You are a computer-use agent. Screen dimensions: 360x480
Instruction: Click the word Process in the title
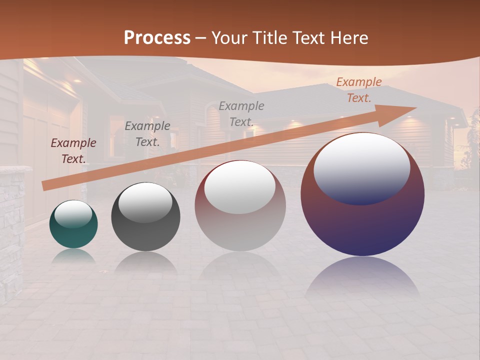click(157, 38)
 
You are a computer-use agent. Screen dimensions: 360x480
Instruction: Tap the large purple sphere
click(362, 225)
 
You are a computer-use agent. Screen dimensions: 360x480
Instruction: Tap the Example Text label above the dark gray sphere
click(147, 134)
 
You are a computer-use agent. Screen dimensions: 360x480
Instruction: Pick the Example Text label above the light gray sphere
click(241, 113)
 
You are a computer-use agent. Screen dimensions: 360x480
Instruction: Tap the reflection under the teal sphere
click(73, 256)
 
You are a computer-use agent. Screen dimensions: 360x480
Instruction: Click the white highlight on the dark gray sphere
click(145, 201)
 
